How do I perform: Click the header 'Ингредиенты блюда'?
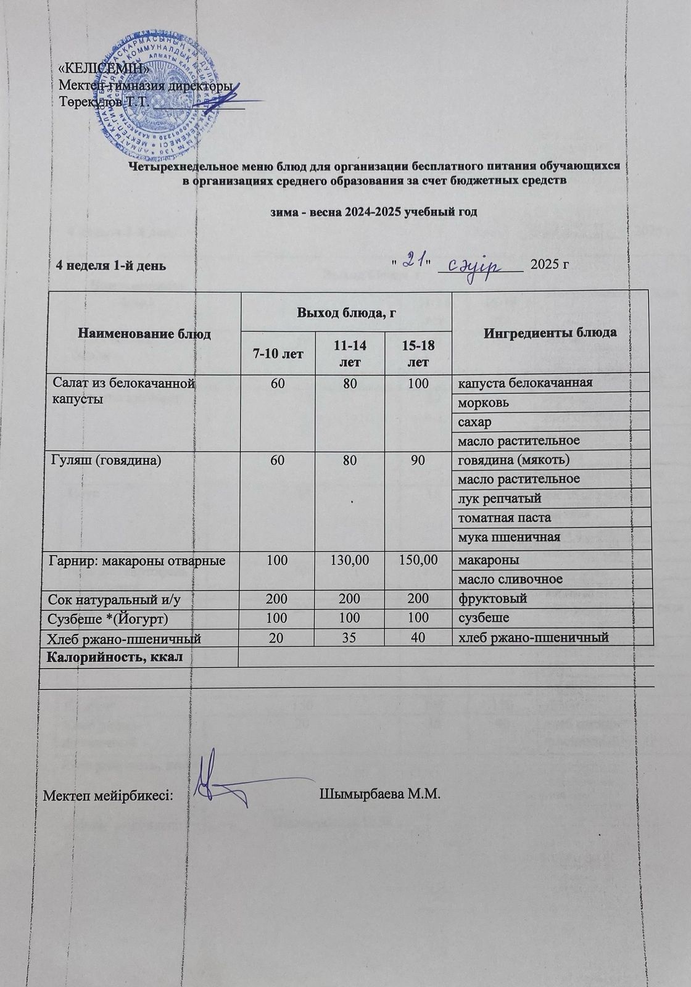[x=550, y=332]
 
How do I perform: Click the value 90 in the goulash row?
[x=418, y=460]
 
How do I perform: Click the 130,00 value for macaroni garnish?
[x=350, y=560]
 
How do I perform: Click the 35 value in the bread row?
[x=350, y=637]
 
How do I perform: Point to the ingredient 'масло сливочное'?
[x=509, y=579]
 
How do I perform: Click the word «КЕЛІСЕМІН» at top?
[x=102, y=68]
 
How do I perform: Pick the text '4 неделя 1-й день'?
[x=111, y=266]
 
